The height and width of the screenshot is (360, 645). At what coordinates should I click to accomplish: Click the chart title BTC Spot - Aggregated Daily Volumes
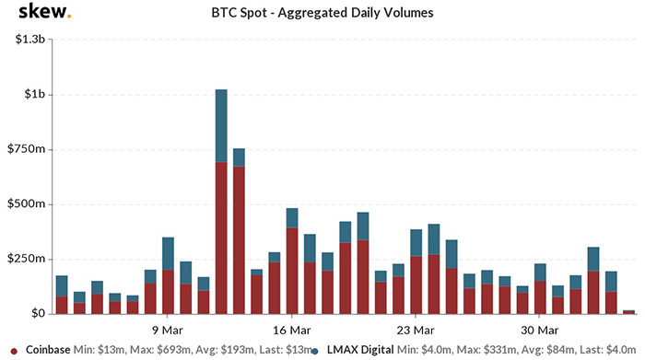coord(322,14)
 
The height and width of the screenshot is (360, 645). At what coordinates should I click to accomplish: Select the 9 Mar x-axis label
coord(168,329)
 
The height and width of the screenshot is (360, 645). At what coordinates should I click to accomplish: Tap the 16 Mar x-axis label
coord(291,329)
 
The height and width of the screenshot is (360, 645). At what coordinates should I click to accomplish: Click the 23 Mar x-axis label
coord(416,329)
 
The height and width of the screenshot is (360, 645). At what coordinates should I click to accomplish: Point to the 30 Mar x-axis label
coord(540,329)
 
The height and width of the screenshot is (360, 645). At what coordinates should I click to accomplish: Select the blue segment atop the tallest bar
coord(221,126)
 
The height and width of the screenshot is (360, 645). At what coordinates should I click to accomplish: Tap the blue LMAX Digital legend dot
coord(316,350)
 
